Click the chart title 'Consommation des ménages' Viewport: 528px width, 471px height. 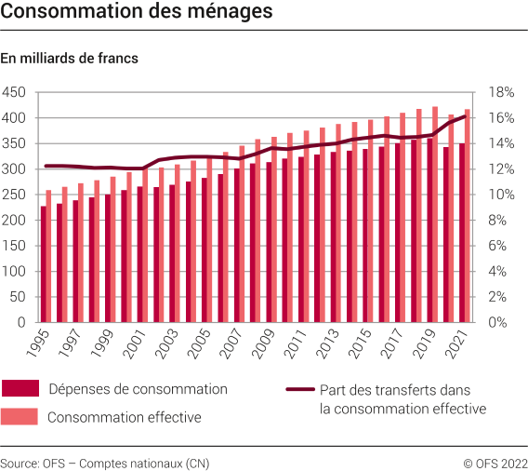click(137, 12)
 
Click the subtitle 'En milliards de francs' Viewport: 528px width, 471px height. click(70, 59)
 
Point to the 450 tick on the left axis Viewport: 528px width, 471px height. click(14, 92)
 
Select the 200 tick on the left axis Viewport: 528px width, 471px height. click(14, 221)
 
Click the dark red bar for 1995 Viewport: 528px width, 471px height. click(43, 264)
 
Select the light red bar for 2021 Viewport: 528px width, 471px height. click(467, 216)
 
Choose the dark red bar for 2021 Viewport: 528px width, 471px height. click(461, 233)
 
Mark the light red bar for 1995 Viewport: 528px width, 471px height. click(49, 257)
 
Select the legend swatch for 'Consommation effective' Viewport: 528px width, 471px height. click(20, 417)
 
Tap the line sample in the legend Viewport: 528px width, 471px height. click(298, 390)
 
